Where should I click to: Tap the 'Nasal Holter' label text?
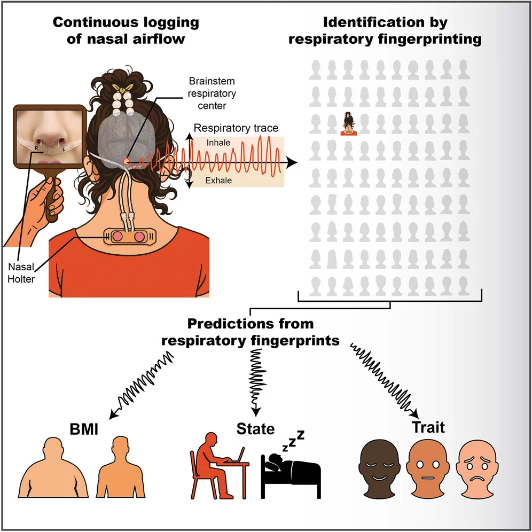click(x=21, y=272)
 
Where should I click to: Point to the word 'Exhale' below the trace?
click(x=219, y=181)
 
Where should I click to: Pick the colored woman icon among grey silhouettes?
click(x=349, y=124)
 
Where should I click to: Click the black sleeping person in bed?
click(x=291, y=470)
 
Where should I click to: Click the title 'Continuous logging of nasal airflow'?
click(x=125, y=30)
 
